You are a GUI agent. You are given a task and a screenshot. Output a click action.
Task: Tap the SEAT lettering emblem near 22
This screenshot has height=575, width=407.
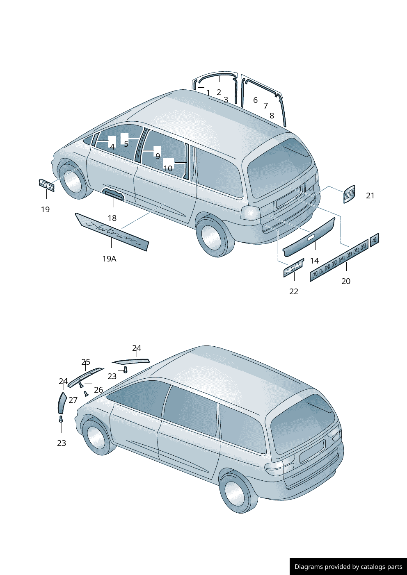(294, 268)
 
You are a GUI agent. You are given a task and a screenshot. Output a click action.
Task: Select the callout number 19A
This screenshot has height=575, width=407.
(109, 259)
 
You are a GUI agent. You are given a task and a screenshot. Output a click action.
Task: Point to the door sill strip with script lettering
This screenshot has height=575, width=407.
(112, 232)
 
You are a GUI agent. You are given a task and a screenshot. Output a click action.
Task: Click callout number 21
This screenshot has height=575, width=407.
(370, 195)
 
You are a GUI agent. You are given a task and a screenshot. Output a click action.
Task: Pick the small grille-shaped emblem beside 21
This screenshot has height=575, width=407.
(349, 194)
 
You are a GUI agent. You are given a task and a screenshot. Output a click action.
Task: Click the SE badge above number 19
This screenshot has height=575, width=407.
(46, 185)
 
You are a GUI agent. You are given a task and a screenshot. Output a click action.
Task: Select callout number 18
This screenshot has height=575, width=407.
(112, 218)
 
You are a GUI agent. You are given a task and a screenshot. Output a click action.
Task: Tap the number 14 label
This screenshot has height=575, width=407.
(314, 261)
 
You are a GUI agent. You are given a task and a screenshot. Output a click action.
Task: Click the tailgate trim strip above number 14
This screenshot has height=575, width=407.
(309, 237)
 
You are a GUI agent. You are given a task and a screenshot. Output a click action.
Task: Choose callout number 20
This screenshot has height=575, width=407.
(346, 281)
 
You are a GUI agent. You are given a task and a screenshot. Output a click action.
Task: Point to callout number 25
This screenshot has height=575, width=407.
(86, 362)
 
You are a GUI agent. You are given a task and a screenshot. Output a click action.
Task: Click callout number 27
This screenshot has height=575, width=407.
(73, 400)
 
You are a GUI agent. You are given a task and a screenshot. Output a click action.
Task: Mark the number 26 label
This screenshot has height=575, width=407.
(98, 390)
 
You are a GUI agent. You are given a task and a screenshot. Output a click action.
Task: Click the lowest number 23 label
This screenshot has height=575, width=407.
(62, 443)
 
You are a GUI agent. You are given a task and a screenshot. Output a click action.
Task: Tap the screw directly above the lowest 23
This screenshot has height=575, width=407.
(61, 419)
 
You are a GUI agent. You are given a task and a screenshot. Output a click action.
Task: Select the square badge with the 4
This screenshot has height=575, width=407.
(374, 240)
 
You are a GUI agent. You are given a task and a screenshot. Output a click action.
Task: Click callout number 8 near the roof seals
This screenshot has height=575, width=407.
(272, 116)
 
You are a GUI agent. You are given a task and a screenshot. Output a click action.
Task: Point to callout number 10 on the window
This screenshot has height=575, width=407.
(168, 168)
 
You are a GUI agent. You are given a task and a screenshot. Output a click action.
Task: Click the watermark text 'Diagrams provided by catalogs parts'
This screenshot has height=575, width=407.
(348, 567)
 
